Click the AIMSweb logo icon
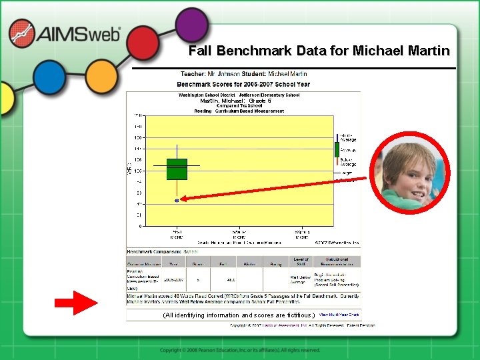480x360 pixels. click(x=22, y=33)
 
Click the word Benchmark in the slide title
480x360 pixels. click(x=247, y=51)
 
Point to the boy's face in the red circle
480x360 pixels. click(x=406, y=175)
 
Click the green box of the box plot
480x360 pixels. click(x=177, y=169)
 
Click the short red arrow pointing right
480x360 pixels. click(x=76, y=303)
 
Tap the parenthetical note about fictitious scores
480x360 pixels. click(x=238, y=315)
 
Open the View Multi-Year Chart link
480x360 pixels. click(x=339, y=314)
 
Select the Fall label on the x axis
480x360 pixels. click(x=177, y=234)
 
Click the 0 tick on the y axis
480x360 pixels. click(x=140, y=227)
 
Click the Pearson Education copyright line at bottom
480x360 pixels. click(x=239, y=350)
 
